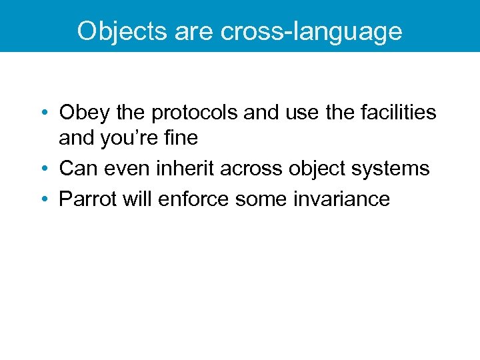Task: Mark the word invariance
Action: tap(341, 198)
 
